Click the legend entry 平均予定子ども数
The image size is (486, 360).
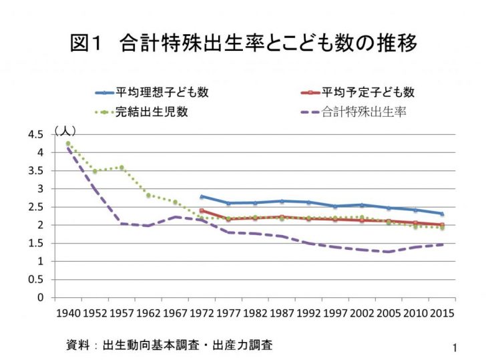(x=368, y=92)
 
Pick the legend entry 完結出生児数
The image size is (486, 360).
(x=151, y=112)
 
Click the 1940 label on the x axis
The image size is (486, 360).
(x=68, y=313)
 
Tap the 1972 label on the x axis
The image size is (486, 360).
(x=202, y=313)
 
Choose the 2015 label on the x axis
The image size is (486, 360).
(x=442, y=313)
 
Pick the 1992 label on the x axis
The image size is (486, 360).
(x=308, y=313)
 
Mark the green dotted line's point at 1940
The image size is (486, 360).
(x=68, y=144)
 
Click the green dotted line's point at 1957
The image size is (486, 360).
(x=121, y=168)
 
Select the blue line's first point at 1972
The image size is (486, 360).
(x=202, y=196)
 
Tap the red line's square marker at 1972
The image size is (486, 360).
(x=202, y=210)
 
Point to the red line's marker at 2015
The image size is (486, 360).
(x=442, y=225)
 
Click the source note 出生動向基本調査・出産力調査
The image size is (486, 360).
(x=169, y=345)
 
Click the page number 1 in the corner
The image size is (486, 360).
(x=454, y=347)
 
